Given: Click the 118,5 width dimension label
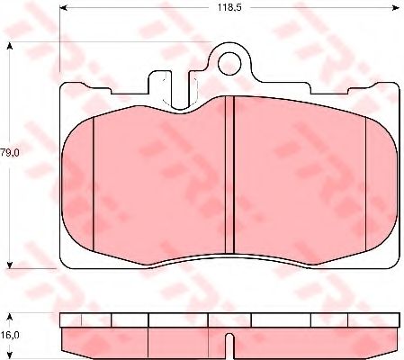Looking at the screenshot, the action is pos(229,7).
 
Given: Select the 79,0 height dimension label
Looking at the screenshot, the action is pos(10,153).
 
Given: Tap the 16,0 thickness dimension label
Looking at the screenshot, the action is pos(10,335).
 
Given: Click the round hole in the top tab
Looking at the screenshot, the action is pos(229,63).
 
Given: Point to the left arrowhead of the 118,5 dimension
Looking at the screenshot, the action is pos(63,8).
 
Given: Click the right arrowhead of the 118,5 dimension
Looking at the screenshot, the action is pos(397,8).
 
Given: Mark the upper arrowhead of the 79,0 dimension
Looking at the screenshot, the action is pos(10,46).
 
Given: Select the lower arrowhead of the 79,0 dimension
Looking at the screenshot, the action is pos(10,265).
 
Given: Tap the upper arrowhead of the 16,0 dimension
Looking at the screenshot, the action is pos(10,317).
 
